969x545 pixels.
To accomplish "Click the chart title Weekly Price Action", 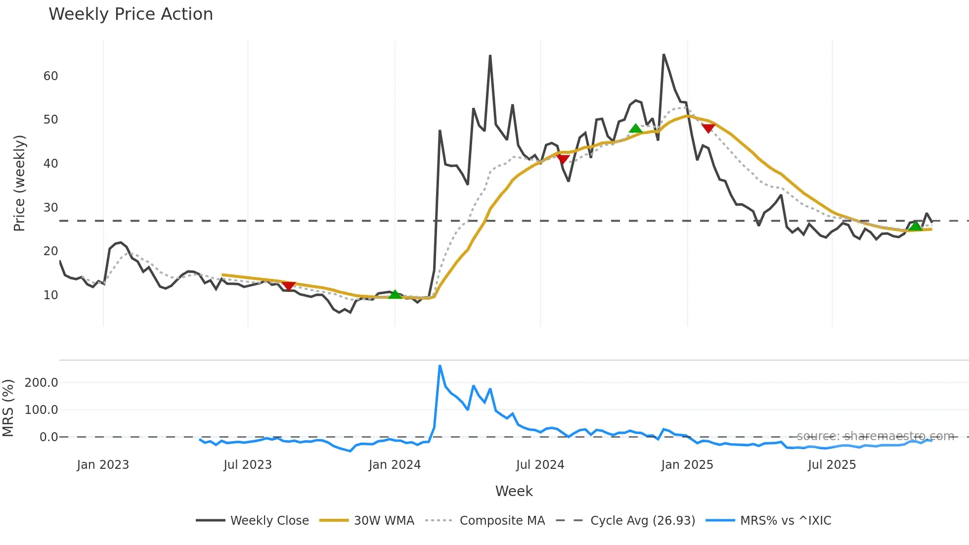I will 131,14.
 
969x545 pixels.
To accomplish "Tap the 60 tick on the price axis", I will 50,76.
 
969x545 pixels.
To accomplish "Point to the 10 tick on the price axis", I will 50,295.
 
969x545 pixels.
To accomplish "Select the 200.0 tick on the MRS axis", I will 42,382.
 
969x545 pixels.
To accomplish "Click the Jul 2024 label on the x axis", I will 540,465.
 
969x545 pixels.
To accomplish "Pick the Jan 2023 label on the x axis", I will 103,465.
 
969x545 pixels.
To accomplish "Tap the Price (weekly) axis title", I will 19,183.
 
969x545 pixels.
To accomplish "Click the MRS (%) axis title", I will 8,408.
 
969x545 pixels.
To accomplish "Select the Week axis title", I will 514,491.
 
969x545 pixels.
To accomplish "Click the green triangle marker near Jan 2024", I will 395,295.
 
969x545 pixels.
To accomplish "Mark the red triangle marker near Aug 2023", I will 288,286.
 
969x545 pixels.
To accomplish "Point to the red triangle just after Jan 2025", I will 708,128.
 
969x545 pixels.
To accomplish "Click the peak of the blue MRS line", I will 440,366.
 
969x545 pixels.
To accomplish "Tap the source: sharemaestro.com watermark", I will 875,436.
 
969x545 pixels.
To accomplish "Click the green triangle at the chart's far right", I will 915,226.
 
